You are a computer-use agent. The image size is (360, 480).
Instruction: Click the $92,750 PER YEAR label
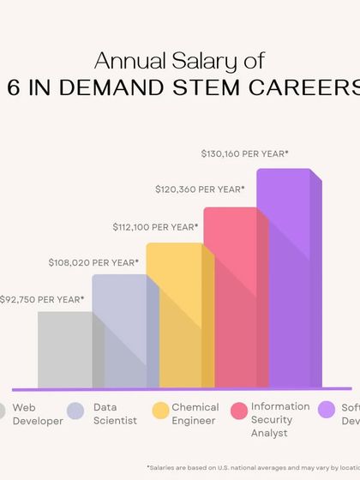point(42,299)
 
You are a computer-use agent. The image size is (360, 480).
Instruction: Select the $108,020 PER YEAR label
point(93,262)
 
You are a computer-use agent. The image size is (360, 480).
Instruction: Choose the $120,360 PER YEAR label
point(200,189)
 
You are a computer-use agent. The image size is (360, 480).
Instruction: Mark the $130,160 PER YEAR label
point(244,154)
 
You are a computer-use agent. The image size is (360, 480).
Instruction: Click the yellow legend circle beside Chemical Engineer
point(159,410)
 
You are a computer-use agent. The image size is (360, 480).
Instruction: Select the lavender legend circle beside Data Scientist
point(76,410)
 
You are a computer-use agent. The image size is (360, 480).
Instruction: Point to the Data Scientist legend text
point(115,414)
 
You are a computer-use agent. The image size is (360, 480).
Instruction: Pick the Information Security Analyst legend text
point(278,420)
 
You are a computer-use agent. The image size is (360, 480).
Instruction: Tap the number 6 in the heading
point(13,88)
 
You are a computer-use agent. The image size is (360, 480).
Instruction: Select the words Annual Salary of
point(179,60)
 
